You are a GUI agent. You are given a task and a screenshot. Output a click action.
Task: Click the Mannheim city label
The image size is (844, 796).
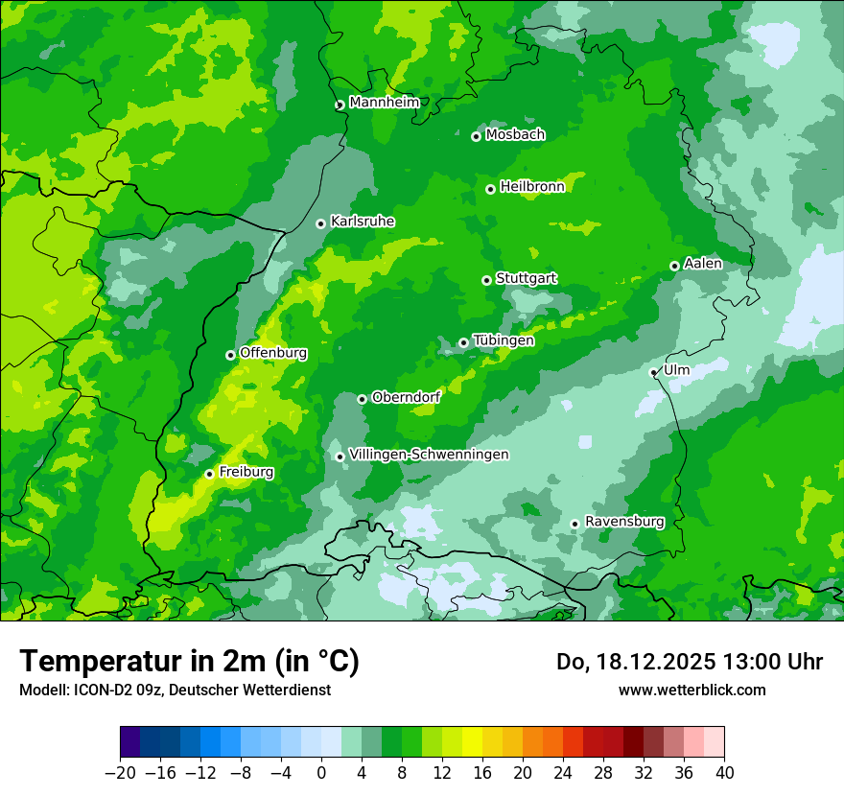[384, 103]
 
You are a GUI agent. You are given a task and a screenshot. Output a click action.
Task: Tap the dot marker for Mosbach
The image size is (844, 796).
[476, 136]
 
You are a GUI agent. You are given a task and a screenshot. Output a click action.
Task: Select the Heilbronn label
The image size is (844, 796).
[532, 187]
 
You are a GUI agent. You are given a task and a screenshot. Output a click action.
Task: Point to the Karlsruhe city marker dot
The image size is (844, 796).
[320, 223]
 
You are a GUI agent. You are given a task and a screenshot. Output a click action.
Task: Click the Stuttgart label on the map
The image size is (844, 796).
[527, 278]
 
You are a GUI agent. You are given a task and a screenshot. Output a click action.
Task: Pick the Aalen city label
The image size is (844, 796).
[703, 264]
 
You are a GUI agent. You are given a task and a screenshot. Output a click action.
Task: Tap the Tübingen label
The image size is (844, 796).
[504, 340]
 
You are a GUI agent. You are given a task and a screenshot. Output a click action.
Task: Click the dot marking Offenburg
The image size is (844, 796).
[230, 355]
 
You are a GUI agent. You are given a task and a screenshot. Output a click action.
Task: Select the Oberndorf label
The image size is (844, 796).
[407, 397]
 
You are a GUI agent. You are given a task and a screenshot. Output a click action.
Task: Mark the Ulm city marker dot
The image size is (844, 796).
[653, 372]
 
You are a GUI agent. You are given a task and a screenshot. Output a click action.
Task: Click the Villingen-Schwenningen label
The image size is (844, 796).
[429, 455]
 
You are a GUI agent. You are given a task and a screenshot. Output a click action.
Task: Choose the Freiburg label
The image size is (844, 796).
[246, 472]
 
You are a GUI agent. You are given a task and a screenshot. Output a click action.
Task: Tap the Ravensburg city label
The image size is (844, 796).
[624, 522]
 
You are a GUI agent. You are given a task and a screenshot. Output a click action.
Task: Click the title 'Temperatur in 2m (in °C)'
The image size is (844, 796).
[189, 662]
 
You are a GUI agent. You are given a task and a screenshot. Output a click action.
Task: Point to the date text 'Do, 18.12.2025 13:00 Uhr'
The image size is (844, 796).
[690, 662]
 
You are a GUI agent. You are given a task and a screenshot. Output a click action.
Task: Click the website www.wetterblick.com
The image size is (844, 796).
[692, 690]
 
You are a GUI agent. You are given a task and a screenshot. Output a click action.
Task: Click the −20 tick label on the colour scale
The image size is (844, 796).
[120, 773]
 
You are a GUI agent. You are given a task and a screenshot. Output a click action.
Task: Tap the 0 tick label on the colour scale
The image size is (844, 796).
[321, 773]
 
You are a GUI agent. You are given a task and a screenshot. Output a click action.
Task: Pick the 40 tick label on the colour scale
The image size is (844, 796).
[724, 773]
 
